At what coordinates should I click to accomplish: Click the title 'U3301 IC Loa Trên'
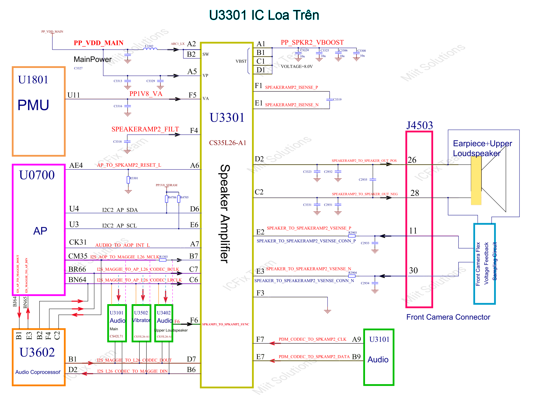point(264,15)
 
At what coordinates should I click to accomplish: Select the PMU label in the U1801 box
point(33,105)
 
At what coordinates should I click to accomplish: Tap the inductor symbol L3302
point(150,49)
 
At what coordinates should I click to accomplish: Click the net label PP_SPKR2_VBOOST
point(312,42)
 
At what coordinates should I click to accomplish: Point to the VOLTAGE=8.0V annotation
point(297,66)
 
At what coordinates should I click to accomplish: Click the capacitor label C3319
point(337,99)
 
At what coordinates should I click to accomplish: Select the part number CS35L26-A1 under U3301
point(227,143)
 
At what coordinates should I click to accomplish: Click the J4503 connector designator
point(420,125)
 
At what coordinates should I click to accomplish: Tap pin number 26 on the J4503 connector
point(412,160)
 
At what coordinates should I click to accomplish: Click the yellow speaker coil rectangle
point(476,181)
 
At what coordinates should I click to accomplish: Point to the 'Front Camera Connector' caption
point(448,317)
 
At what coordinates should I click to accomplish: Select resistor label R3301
point(134,178)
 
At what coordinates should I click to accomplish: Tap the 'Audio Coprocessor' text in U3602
point(38,372)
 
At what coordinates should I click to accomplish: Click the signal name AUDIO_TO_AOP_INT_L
point(122,245)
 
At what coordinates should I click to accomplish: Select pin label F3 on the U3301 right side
point(260,293)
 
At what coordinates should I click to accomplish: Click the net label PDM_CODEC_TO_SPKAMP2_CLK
point(312,339)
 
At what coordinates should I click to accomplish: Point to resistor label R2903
point(352,233)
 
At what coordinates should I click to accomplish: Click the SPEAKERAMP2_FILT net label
point(145,129)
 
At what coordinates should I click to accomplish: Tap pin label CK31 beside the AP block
point(78,242)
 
